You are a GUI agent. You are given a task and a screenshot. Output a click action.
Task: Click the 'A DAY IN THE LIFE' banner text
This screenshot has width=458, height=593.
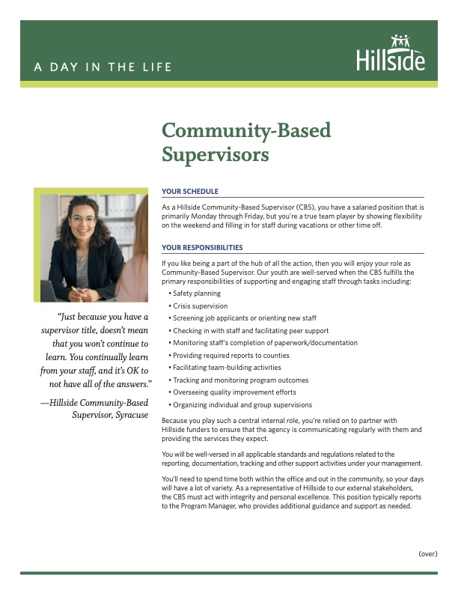103,67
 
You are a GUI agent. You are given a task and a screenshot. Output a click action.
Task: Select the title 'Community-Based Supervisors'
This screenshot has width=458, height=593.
246,142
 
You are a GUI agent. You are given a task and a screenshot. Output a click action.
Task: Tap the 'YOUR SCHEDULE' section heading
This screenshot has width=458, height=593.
189,192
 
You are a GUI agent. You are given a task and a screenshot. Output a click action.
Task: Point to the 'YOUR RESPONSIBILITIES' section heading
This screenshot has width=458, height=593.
202,247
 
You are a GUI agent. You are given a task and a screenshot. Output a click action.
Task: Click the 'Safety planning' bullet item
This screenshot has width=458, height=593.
196,294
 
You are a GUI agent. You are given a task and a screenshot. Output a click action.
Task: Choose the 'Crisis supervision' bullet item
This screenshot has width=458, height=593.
200,305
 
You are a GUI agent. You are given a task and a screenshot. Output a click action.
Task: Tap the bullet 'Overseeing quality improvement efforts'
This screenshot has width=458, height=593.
233,392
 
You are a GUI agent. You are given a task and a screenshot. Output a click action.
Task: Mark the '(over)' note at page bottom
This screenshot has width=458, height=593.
427,554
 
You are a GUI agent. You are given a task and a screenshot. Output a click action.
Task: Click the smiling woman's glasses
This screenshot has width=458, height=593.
84,219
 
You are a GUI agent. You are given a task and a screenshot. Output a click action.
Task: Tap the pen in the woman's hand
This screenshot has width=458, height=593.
76,289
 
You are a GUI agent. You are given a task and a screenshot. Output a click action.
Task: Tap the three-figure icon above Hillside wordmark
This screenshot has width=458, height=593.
402,40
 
